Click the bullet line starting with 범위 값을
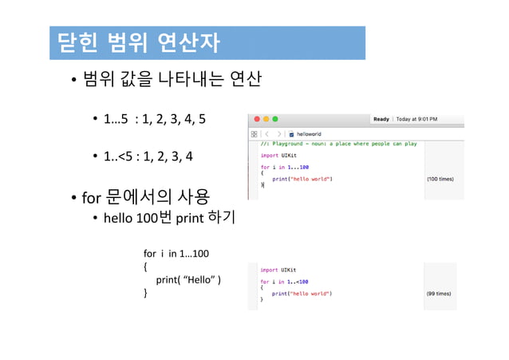[172, 81]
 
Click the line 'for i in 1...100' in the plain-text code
[176, 254]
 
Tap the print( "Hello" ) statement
[188, 279]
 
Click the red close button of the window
[254, 118]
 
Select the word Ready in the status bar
[381, 119]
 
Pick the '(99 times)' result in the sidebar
[441, 294]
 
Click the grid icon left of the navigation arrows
[254, 134]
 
